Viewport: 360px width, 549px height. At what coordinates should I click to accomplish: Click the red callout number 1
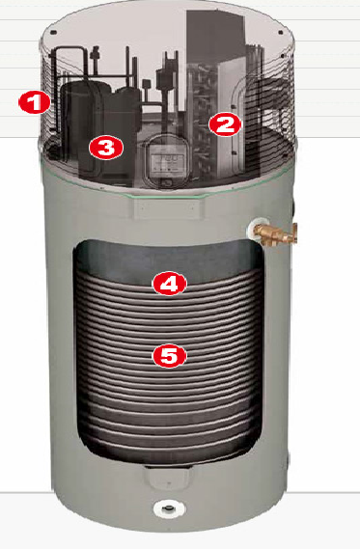click(x=35, y=102)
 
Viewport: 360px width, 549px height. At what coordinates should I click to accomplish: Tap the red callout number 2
click(x=225, y=124)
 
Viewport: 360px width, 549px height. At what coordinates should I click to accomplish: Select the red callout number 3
click(x=106, y=148)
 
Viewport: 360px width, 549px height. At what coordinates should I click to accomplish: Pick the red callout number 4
click(x=170, y=284)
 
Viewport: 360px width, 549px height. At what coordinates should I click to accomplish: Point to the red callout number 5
click(x=170, y=356)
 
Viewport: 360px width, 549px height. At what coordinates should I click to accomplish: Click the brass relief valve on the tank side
click(x=277, y=233)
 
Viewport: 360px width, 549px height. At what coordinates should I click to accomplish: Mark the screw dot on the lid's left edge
click(x=53, y=33)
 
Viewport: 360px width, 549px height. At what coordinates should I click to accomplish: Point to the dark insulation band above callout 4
click(x=168, y=261)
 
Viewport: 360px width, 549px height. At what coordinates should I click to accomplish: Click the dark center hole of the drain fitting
click(x=170, y=508)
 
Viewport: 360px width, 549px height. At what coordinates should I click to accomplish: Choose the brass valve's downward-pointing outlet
click(x=266, y=240)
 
